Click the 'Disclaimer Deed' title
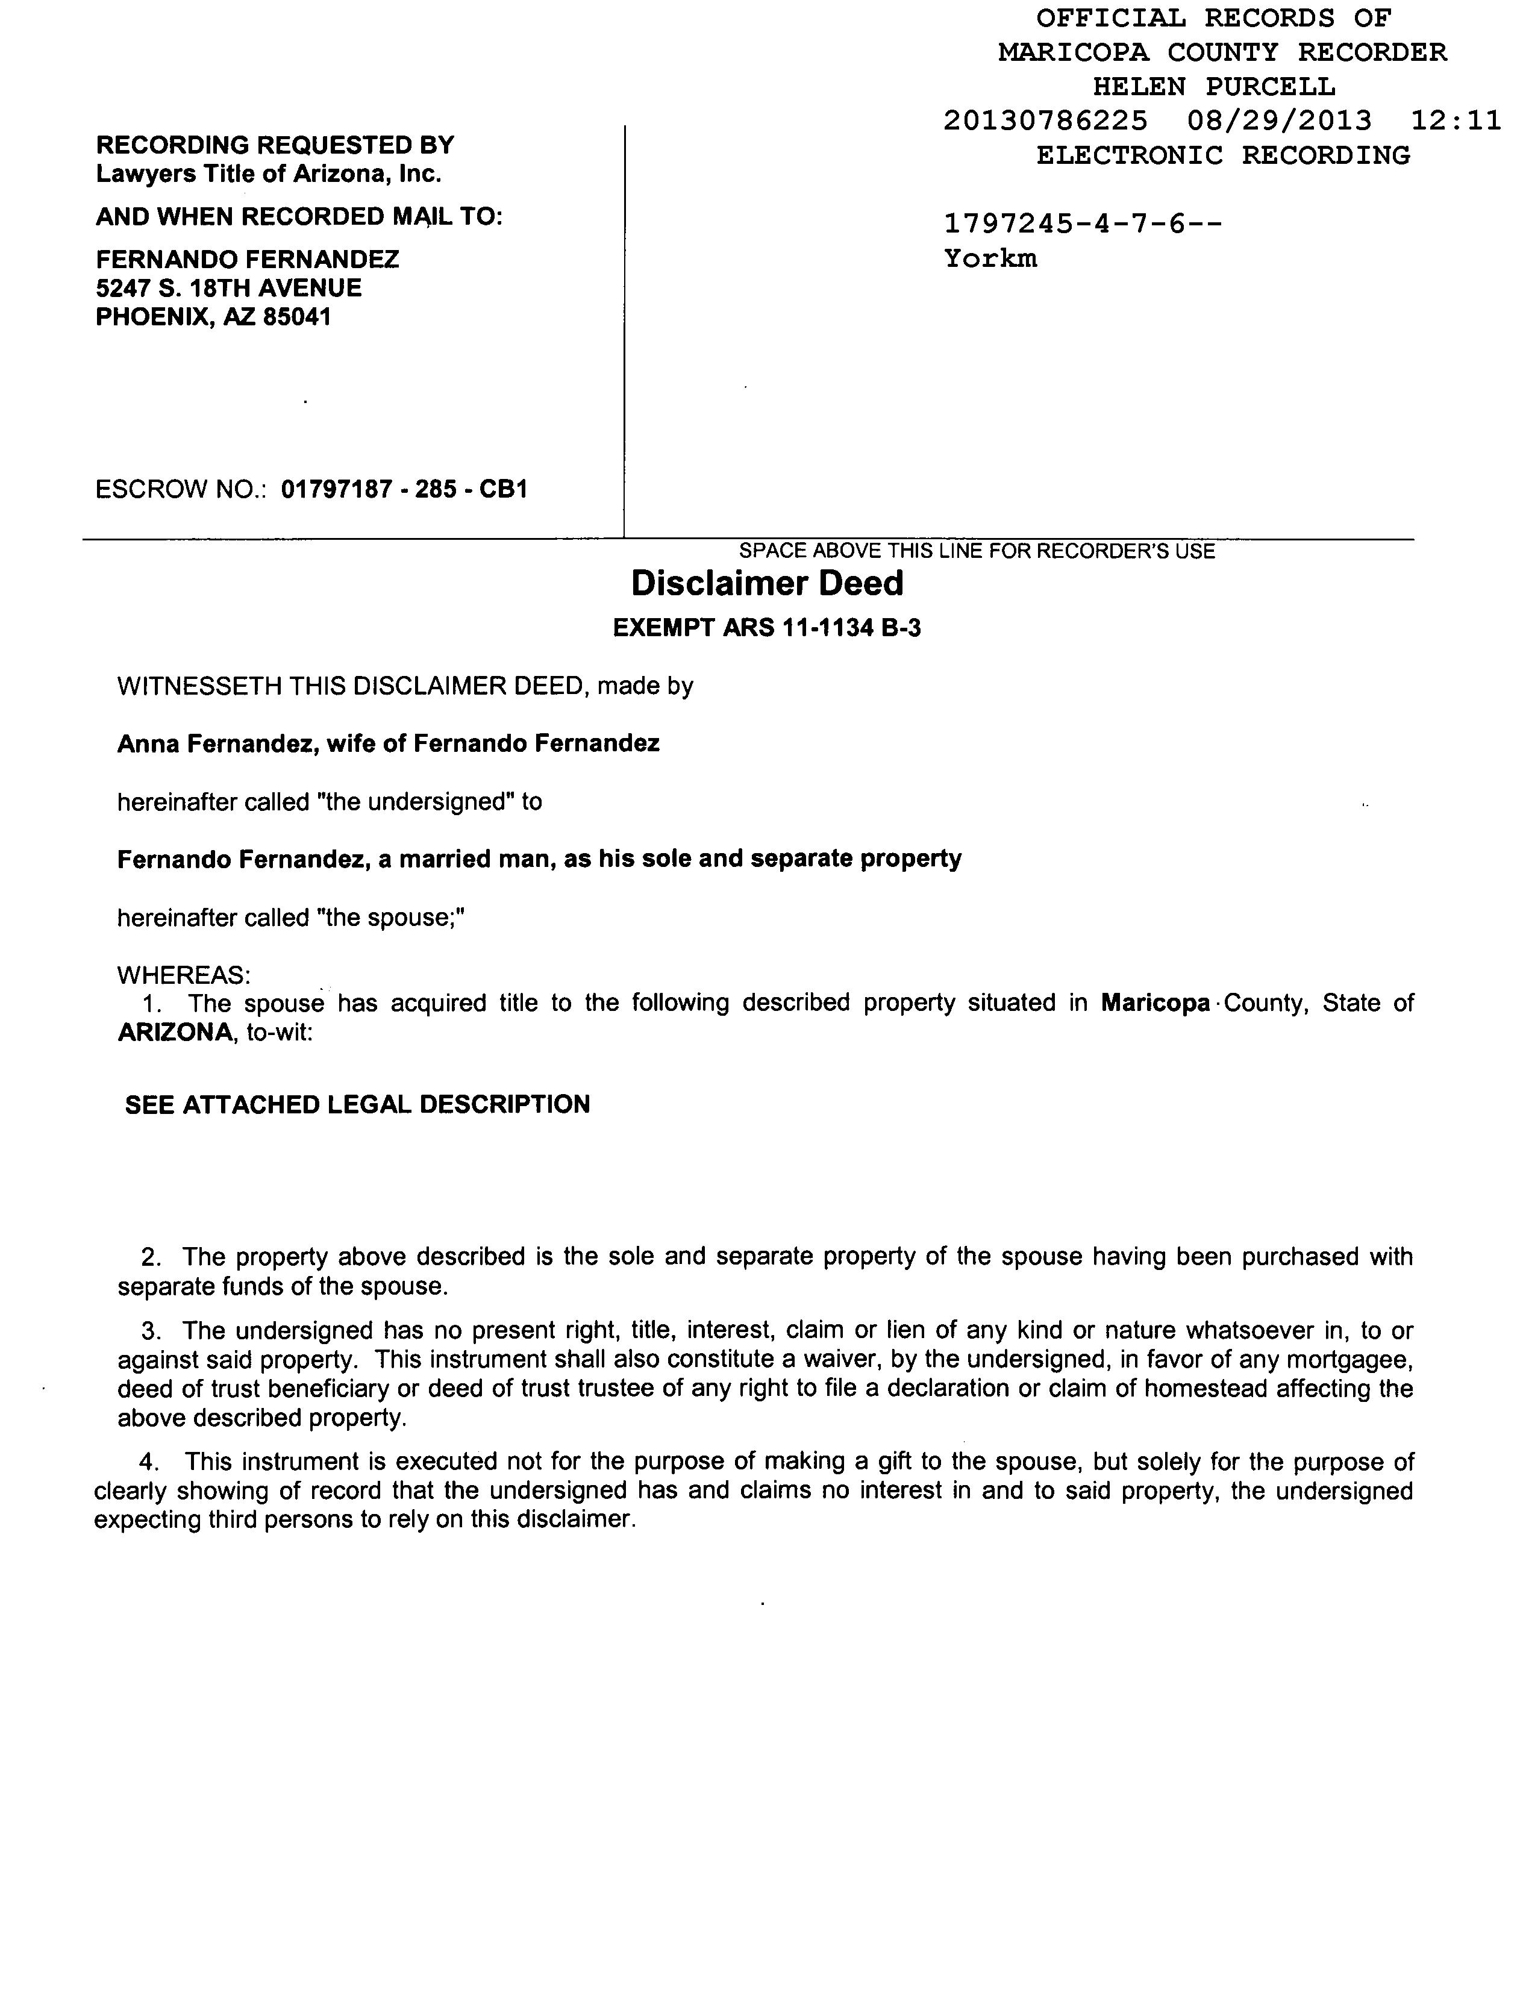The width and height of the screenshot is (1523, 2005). [x=767, y=584]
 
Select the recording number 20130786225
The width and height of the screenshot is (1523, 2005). [x=1045, y=120]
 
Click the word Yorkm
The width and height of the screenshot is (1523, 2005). [x=990, y=259]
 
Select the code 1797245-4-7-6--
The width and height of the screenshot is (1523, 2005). [x=1083, y=223]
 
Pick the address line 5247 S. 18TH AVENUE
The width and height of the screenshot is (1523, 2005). [x=228, y=288]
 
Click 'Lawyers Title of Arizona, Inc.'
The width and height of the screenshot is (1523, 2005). [x=268, y=174]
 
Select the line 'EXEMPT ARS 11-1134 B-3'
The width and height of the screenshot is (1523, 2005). [x=767, y=628]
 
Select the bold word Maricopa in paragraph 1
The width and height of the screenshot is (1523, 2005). [x=1155, y=1004]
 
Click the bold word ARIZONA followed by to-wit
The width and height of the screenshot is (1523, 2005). [x=175, y=1033]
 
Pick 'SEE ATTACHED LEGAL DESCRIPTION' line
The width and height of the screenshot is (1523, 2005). [x=357, y=1104]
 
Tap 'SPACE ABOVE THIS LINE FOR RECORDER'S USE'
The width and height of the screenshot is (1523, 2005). [x=977, y=551]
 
